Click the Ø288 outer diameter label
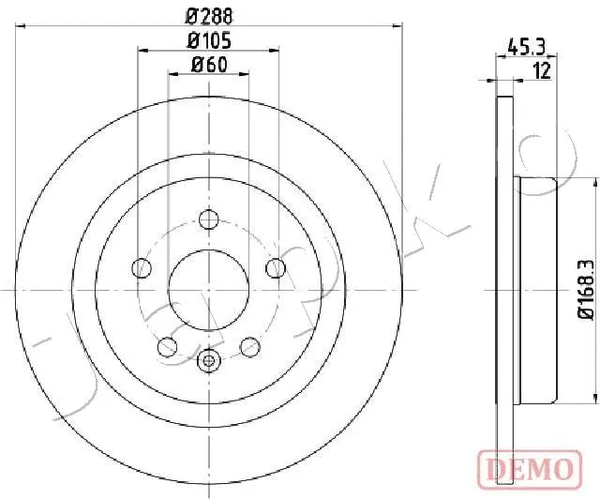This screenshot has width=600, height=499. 209,17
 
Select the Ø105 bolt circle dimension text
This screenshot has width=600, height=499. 209,40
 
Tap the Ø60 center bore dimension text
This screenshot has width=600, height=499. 209,65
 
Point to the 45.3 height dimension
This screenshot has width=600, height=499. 526,48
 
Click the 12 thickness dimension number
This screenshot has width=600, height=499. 542,71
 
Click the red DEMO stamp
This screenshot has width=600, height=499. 530,469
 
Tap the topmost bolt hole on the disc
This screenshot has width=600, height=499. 208,219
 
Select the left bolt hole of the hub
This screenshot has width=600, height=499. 142,268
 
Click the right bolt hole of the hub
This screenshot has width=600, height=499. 276,268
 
